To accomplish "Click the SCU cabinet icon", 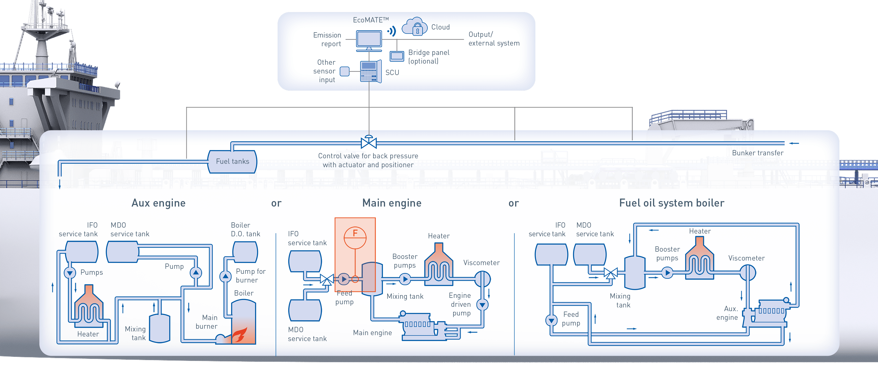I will tap(370, 71).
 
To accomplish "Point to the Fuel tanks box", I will tap(233, 161).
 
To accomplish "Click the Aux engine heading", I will tap(158, 203).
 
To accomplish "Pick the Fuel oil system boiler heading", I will tap(672, 203).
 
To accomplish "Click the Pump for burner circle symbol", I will tap(225, 276).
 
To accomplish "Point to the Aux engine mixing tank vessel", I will tap(160, 328).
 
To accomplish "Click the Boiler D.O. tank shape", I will tap(245, 252).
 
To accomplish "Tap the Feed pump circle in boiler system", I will tap(551, 320).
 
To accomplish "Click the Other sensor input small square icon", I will tap(345, 71).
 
